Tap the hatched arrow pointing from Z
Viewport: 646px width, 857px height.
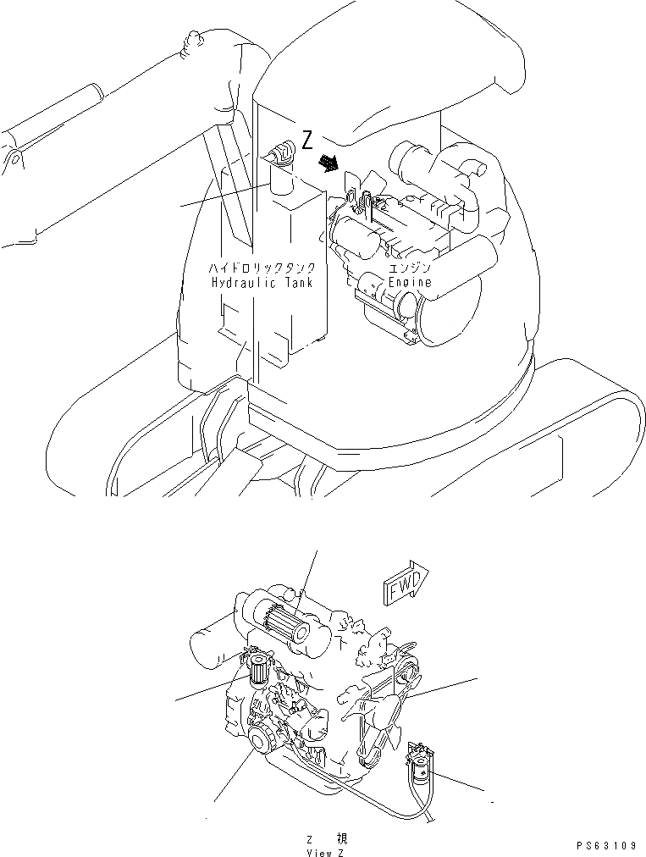pyautogui.click(x=326, y=162)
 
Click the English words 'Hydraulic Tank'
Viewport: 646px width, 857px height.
pyautogui.click(x=262, y=283)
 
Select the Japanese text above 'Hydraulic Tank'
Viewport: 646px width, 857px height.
pyautogui.click(x=262, y=268)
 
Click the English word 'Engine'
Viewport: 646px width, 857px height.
pyautogui.click(x=410, y=282)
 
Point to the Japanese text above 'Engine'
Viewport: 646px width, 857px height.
pyautogui.click(x=410, y=268)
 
